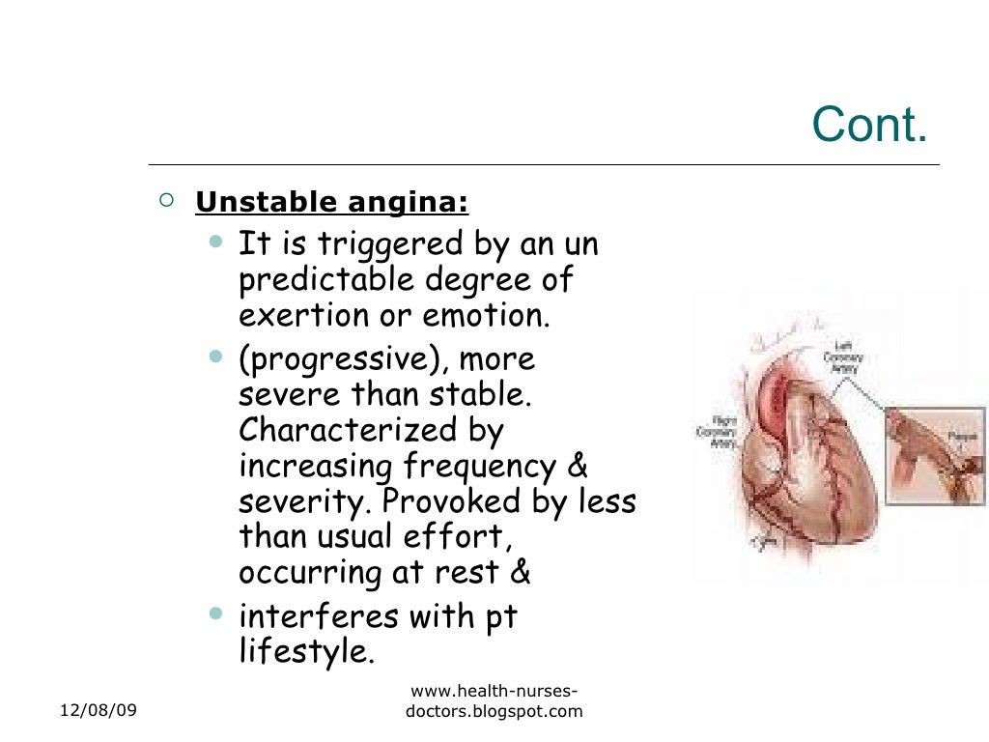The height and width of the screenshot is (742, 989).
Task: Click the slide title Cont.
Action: (x=869, y=125)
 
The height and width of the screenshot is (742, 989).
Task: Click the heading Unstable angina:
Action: (x=331, y=203)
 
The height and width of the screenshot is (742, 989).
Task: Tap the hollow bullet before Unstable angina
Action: (x=166, y=201)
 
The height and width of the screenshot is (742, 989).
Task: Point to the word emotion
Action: (x=492, y=315)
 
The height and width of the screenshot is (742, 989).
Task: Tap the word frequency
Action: (x=479, y=467)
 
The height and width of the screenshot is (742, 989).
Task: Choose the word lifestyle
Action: (x=303, y=651)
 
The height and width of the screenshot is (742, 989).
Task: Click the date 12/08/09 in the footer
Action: (x=99, y=711)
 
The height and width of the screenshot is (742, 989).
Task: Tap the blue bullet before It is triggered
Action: (x=214, y=240)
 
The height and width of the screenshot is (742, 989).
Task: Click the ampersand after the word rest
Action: (x=519, y=572)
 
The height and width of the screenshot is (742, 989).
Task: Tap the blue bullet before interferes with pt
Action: (x=214, y=613)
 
